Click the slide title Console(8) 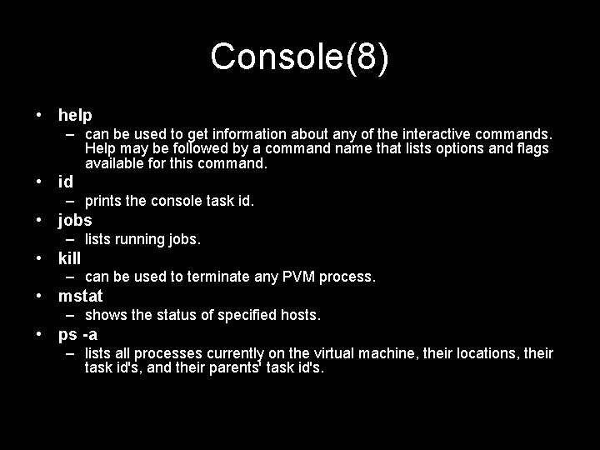click(299, 57)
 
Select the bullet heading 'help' click(75, 114)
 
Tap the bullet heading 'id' click(66, 181)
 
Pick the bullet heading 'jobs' click(75, 220)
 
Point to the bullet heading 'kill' click(70, 258)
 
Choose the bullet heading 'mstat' click(81, 296)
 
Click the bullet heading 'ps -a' click(78, 334)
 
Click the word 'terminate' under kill click(218, 277)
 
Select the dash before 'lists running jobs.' click(74, 239)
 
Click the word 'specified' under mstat click(242, 315)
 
